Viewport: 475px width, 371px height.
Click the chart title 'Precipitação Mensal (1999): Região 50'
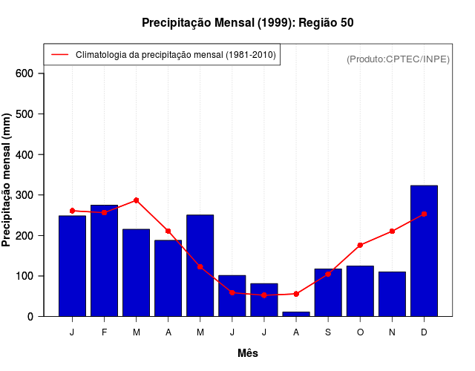tap(247, 23)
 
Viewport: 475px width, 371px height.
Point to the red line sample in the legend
tap(59, 55)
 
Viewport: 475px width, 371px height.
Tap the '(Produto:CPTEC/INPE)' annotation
tap(398, 59)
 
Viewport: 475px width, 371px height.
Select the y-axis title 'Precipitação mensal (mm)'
tap(7, 180)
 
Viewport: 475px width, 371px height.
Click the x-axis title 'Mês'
tap(248, 353)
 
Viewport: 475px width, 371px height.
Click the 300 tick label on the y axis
tap(24, 195)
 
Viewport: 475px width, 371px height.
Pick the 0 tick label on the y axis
tap(30, 317)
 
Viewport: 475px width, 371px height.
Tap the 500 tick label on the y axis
tap(24, 114)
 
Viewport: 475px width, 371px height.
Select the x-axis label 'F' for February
tap(105, 332)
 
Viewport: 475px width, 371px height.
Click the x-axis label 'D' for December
tap(424, 332)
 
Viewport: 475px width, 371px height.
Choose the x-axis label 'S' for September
tap(328, 332)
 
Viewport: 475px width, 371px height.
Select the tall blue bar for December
tap(424, 252)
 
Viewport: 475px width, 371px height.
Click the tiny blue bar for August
tap(296, 314)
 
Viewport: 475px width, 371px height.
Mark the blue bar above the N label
tap(392, 295)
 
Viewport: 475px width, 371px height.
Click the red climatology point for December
tap(424, 214)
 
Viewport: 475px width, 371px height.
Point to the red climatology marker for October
tap(360, 245)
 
